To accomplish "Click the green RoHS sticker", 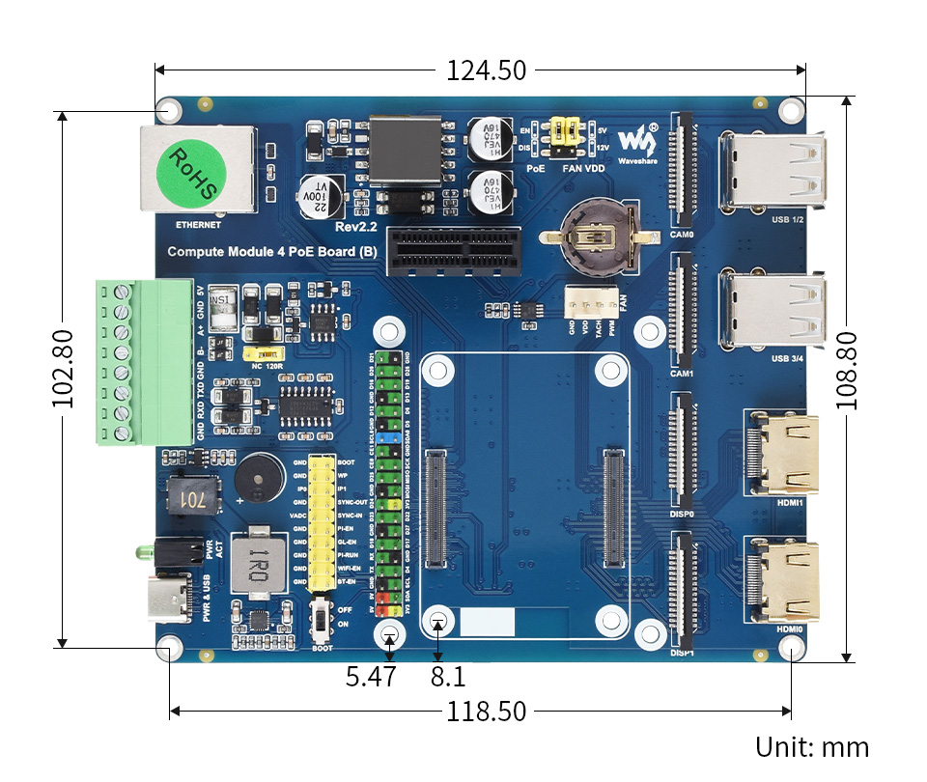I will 193,175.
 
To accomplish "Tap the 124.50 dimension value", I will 486,70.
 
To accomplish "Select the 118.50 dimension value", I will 486,712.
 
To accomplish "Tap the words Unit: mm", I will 812,747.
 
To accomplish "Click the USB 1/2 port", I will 772,171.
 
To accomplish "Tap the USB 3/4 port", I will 772,311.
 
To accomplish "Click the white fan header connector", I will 592,303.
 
